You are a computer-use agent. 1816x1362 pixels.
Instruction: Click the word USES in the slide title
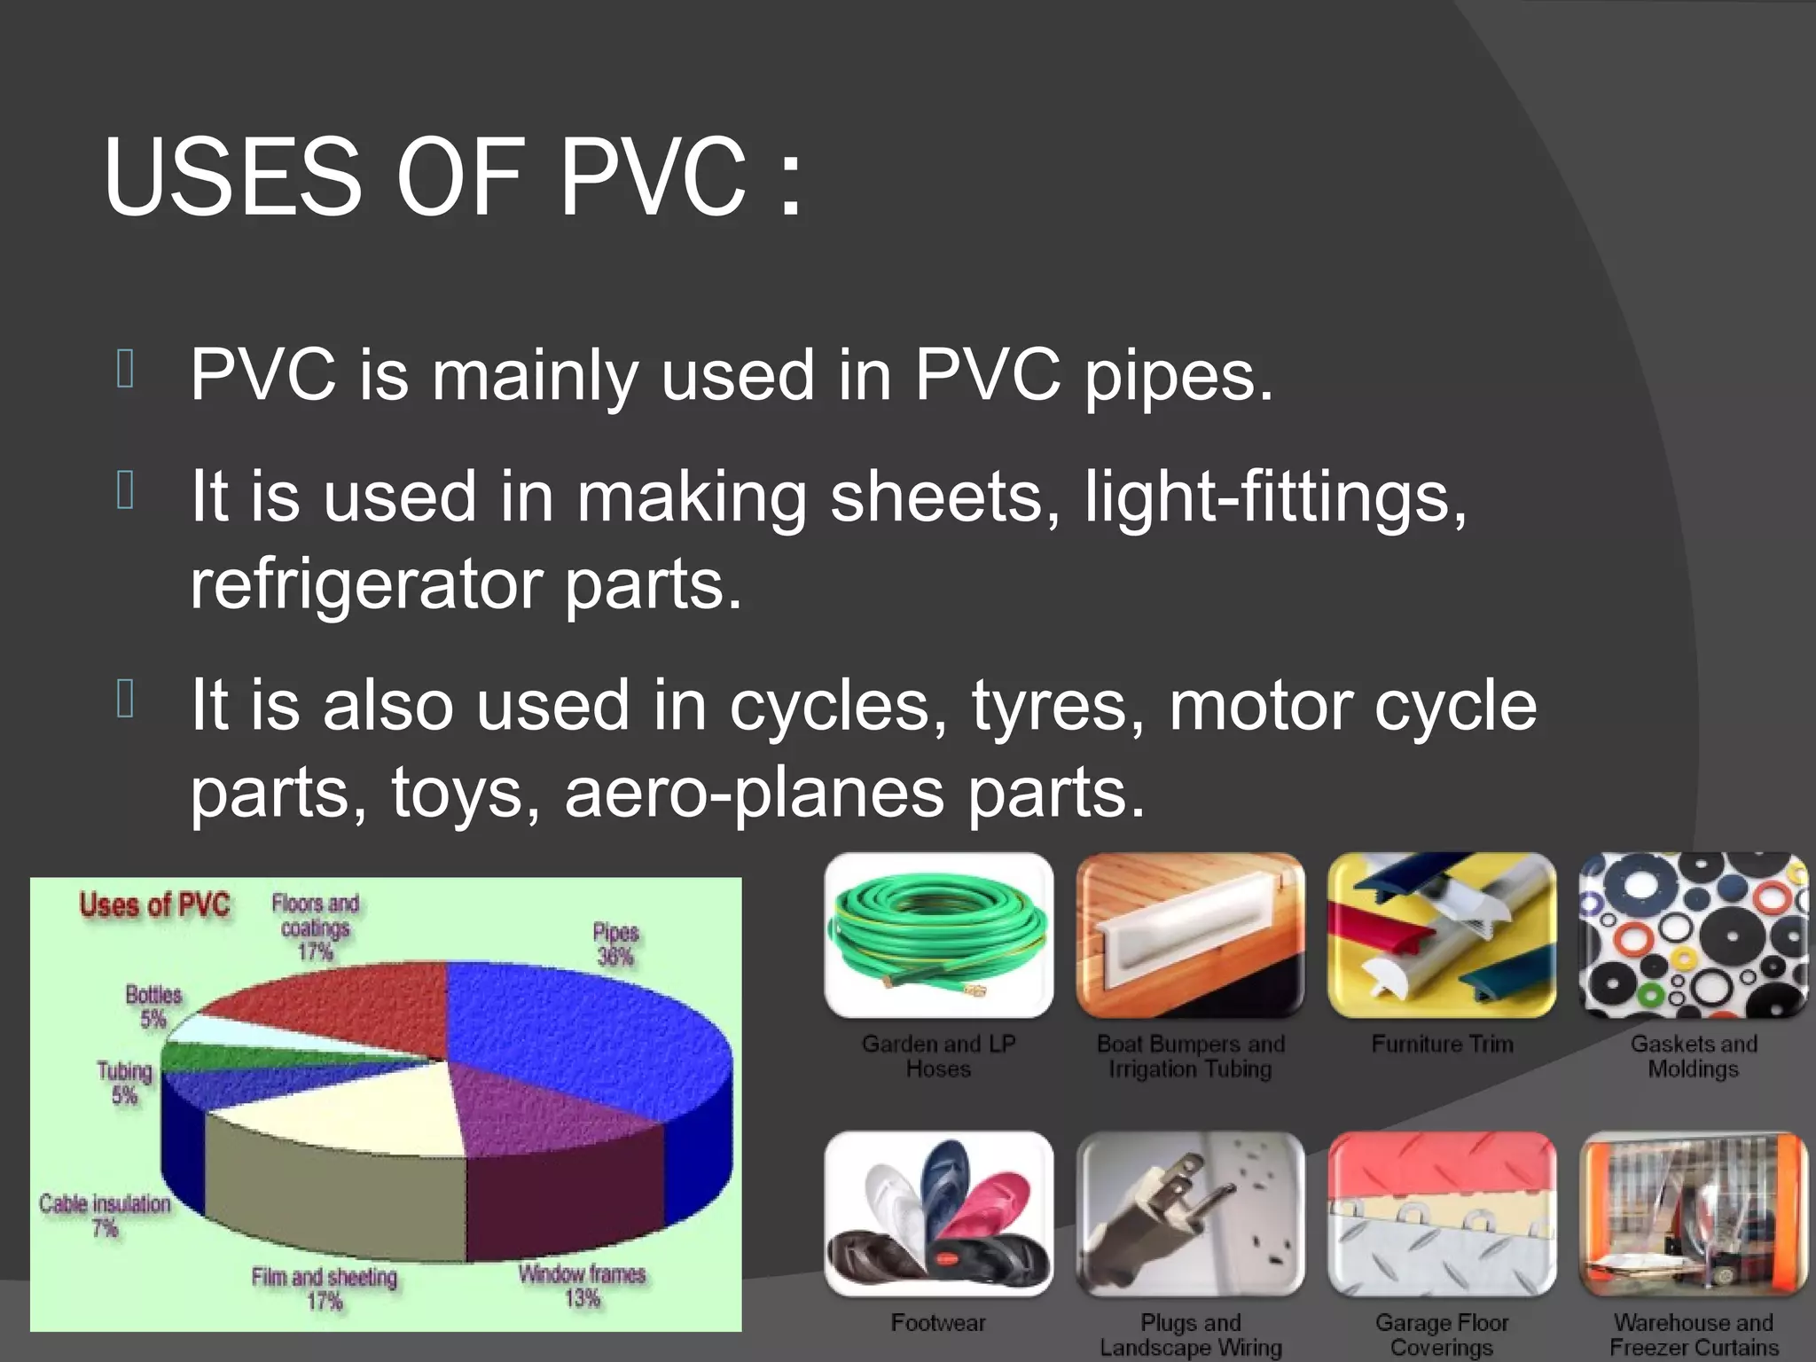tap(232, 177)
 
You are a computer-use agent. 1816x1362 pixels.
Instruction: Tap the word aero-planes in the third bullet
tap(754, 792)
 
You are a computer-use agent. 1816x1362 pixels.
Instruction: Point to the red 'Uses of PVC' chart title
tap(154, 905)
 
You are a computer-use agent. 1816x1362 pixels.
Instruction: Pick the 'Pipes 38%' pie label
tap(615, 944)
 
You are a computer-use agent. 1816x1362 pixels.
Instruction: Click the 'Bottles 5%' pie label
tap(153, 1006)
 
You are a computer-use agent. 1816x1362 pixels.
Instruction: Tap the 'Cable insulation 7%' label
tap(105, 1215)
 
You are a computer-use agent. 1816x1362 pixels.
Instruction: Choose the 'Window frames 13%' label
tap(583, 1286)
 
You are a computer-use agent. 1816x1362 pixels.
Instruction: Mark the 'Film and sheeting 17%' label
tap(325, 1288)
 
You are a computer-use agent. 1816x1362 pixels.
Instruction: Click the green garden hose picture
tap(938, 935)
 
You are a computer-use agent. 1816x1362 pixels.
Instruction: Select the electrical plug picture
tap(1190, 1213)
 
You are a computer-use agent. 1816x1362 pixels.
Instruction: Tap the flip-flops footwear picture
tap(938, 1213)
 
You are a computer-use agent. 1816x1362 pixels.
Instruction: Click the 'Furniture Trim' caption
tap(1442, 1045)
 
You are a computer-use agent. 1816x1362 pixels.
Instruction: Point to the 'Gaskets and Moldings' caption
tap(1694, 1056)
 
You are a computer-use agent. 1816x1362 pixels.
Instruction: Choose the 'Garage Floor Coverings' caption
tap(1442, 1335)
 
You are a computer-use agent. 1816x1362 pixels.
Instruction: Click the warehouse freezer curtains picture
tap(1694, 1213)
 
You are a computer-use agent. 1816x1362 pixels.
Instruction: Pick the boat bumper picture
tap(1190, 935)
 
